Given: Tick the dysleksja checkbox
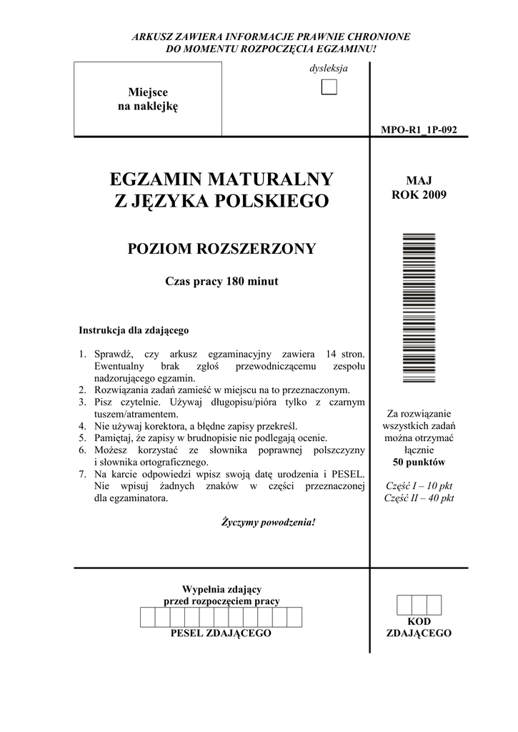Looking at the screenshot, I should click(329, 88).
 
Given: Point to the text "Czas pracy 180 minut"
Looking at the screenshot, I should click(221, 282).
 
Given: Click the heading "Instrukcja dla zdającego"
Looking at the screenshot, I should click(133, 331).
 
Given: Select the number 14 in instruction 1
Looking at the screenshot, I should click(330, 355).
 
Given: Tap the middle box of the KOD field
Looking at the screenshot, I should click(419, 605).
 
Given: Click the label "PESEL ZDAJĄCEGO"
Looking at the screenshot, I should click(221, 634).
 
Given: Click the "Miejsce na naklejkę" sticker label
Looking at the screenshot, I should click(147, 99).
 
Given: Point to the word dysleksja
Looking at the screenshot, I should click(329, 69).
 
